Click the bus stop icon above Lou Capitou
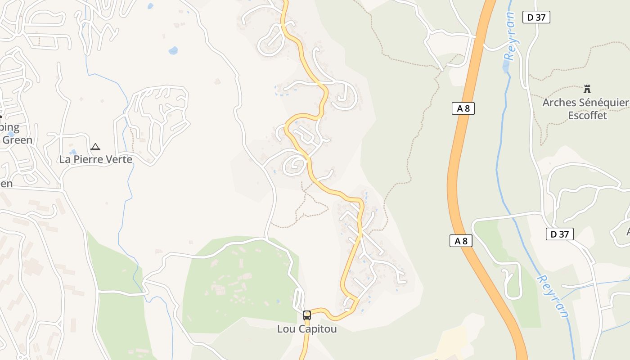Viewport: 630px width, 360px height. (x=307, y=315)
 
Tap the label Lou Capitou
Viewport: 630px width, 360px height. (x=307, y=329)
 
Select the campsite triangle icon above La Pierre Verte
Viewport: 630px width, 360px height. (x=95, y=147)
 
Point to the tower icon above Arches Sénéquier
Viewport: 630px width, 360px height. (x=587, y=89)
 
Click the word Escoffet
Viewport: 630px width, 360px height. (x=587, y=116)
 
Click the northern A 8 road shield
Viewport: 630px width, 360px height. (x=463, y=108)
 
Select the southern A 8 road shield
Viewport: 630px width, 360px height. (x=461, y=241)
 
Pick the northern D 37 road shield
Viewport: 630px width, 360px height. (x=536, y=17)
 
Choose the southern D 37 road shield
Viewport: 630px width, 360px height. (x=560, y=234)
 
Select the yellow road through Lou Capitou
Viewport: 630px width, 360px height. (x=349, y=270)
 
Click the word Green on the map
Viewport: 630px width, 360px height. (x=18, y=140)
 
